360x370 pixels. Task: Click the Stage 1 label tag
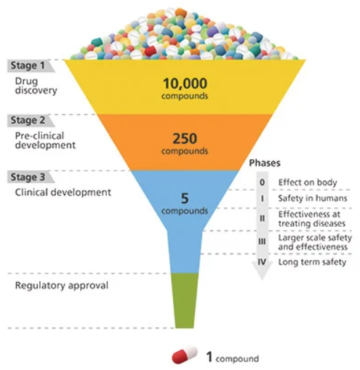(31, 65)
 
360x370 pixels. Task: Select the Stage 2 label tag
(31, 121)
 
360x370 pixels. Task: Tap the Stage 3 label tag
(31, 177)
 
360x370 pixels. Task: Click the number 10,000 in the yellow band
(185, 84)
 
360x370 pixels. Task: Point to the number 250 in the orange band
(185, 139)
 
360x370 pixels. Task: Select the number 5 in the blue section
(185, 198)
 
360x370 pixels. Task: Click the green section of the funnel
(185, 300)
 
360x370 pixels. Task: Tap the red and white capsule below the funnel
(185, 355)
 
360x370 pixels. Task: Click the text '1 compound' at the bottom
(233, 358)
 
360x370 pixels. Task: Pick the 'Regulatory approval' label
(62, 286)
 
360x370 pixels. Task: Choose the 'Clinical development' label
(63, 193)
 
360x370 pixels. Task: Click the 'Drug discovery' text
(36, 86)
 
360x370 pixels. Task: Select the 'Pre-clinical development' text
(45, 140)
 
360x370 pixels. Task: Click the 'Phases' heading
(265, 163)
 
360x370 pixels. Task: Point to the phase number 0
(262, 182)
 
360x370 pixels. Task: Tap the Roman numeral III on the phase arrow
(262, 241)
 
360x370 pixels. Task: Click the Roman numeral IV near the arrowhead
(262, 262)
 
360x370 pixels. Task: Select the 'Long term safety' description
(312, 262)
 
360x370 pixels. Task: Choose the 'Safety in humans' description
(313, 198)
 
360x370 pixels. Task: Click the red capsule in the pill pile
(151, 50)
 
